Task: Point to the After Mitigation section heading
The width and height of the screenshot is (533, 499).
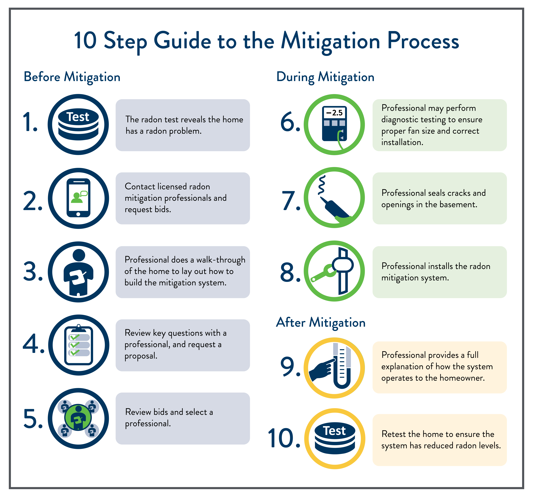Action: pyautogui.click(x=321, y=323)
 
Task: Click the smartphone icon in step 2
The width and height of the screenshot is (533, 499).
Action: pyautogui.click(x=78, y=198)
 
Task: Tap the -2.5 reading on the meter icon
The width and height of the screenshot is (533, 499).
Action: pyautogui.click(x=334, y=113)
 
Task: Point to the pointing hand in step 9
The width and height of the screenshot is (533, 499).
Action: pyautogui.click(x=322, y=369)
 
